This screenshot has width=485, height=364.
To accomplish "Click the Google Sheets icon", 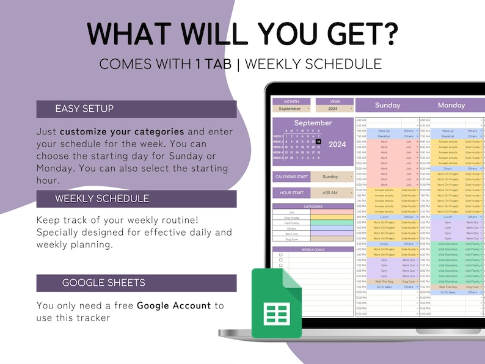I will click(x=276, y=303).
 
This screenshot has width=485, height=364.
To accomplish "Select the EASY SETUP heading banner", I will click(x=136, y=109).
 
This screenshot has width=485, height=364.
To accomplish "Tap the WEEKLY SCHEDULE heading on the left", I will click(x=136, y=198).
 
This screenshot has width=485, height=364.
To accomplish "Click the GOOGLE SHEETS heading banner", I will click(x=136, y=283).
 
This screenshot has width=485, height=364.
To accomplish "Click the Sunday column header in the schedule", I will click(x=387, y=105).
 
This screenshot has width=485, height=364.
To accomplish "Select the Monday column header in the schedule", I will click(x=451, y=105).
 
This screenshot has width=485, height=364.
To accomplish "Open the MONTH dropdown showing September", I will click(x=291, y=109).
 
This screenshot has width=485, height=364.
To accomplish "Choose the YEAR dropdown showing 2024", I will click(x=333, y=109).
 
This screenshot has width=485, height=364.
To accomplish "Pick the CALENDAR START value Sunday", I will click(x=330, y=177).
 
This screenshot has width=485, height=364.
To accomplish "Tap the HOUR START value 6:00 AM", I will click(x=330, y=193).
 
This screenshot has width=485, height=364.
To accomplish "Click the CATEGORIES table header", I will click(x=313, y=206).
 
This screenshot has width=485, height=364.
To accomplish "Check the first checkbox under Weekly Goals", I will click(x=280, y=254).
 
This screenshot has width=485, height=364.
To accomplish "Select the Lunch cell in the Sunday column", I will click(x=384, y=217).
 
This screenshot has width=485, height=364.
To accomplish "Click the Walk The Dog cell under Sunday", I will click(x=384, y=280).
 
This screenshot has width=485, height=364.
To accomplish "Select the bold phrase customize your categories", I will click(x=122, y=131).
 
